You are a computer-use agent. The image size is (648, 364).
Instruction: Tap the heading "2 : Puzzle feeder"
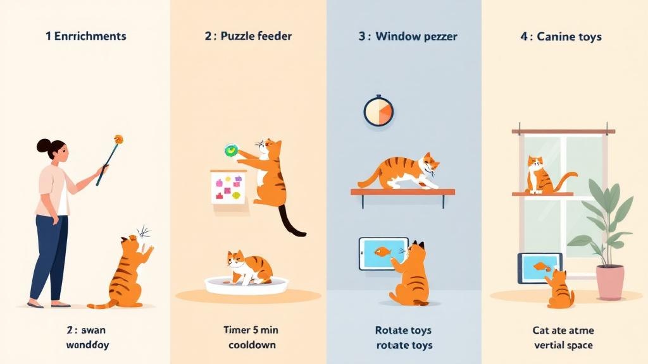point(248,36)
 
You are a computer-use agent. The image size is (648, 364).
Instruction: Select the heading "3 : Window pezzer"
point(409,37)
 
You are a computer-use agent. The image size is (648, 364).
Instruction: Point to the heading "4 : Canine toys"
point(561,37)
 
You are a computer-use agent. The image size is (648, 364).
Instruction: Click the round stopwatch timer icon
point(378,111)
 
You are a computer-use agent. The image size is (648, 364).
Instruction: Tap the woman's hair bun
point(43,146)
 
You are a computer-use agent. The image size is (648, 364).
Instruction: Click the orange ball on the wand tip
point(118,138)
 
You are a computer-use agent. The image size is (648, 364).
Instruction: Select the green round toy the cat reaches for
point(231,150)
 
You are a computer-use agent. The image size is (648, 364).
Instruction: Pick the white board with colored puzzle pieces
point(228,186)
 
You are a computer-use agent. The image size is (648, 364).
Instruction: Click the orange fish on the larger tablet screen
point(382,253)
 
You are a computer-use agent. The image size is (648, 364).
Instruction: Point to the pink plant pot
point(609,282)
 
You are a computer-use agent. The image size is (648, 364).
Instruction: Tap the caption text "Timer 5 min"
point(251,330)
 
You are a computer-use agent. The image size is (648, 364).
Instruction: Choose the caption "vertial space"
point(563,345)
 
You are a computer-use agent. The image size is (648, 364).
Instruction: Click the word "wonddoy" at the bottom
point(88,345)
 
